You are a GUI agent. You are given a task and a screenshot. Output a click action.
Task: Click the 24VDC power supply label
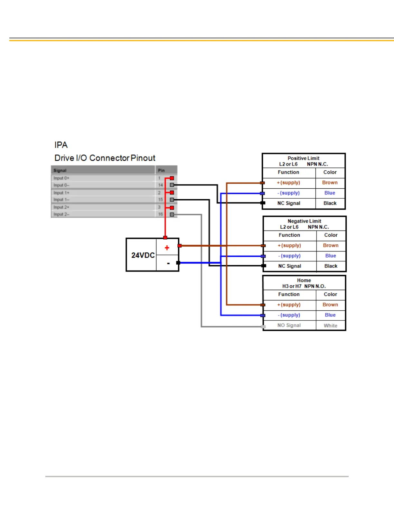pyautogui.click(x=143, y=255)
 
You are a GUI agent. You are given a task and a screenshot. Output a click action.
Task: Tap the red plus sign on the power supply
pyautogui.click(x=167, y=248)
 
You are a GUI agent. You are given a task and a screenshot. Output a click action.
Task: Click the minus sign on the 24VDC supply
pyautogui.click(x=168, y=263)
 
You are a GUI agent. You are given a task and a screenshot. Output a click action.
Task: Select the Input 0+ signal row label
pyautogui.click(x=61, y=178)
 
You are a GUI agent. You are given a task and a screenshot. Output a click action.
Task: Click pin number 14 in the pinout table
pyautogui.click(x=160, y=185)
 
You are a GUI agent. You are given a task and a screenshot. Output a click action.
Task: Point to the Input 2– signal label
pyautogui.click(x=61, y=214)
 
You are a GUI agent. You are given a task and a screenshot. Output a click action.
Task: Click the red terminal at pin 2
pyautogui.click(x=172, y=193)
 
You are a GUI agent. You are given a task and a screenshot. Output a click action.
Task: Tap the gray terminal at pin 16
pyautogui.click(x=172, y=214)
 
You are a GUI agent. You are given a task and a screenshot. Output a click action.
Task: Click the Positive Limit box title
pyautogui.click(x=303, y=158)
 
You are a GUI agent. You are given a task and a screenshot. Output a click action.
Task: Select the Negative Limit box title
pyautogui.click(x=304, y=221)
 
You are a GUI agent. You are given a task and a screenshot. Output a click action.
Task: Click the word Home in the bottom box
pyautogui.click(x=304, y=280)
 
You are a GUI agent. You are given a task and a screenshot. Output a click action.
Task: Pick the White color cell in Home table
pyautogui.click(x=330, y=326)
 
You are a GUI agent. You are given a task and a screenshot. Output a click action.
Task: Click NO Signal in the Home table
pyautogui.click(x=289, y=326)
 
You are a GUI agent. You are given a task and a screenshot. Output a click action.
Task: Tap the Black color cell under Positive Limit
pyautogui.click(x=330, y=203)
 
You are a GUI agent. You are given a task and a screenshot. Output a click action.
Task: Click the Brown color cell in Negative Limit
pyautogui.click(x=331, y=245)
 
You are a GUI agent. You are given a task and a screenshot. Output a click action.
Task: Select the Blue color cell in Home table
pyautogui.click(x=330, y=315)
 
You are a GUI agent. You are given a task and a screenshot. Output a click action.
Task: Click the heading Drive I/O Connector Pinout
pyautogui.click(x=105, y=158)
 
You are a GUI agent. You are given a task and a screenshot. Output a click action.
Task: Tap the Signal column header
pyautogui.click(x=60, y=170)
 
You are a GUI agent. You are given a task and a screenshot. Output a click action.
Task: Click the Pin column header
pyautogui.click(x=161, y=170)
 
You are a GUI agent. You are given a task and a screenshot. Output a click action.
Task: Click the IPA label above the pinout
pyautogui.click(x=61, y=145)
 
